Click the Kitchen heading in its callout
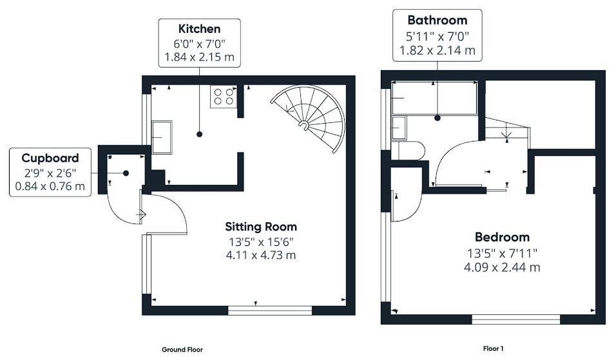tap(199, 29)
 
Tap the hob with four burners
tap(224, 97)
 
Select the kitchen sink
tap(162, 137)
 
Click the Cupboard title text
tap(50, 158)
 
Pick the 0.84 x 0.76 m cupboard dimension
tap(50, 186)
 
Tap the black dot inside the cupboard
tap(126, 173)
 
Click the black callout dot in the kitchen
tap(199, 134)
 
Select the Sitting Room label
tap(261, 227)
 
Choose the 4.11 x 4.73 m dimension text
tap(261, 255)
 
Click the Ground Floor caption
tap(182, 350)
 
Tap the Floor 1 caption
tap(493, 348)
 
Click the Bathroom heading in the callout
tap(438, 20)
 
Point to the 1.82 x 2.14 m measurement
tap(438, 50)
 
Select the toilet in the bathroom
tap(409, 150)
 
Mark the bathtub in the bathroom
tap(434, 98)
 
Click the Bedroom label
tap(502, 237)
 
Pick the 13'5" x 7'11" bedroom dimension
tap(502, 253)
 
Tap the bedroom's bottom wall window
tap(516, 319)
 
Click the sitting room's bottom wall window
tap(270, 310)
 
